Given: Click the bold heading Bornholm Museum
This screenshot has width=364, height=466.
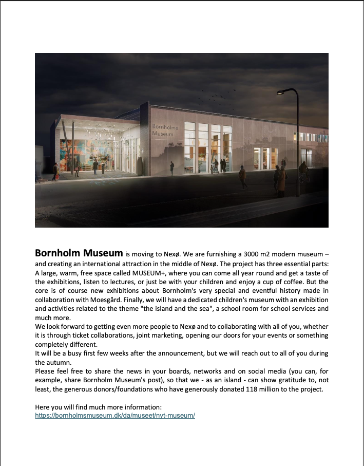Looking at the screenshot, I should pos(79,253).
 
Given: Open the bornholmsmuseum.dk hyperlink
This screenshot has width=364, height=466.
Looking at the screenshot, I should pos(115,415).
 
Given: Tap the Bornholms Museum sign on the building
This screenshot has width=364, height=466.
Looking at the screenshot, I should pos(164,129).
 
